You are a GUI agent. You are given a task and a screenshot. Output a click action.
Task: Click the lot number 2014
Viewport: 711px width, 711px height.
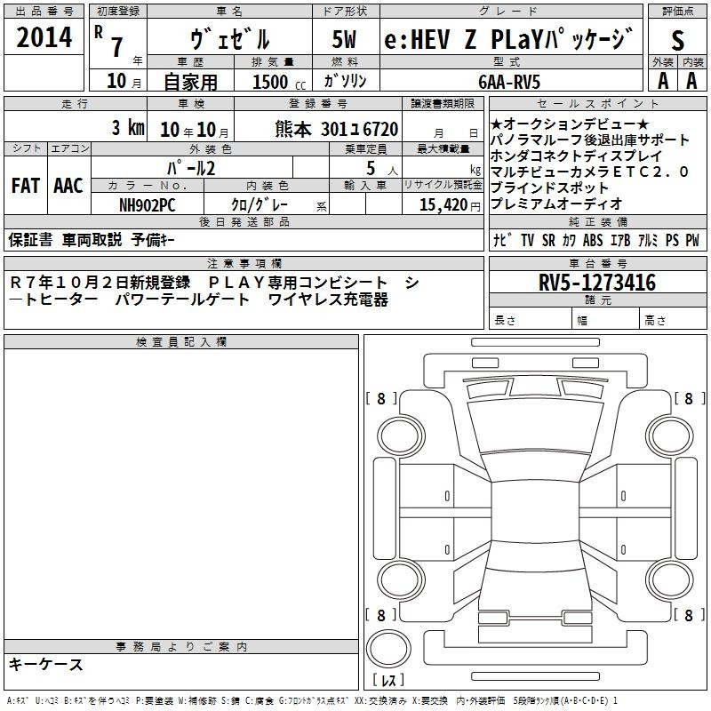[44, 38]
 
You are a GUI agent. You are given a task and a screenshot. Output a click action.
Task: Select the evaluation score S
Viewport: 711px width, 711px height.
[678, 41]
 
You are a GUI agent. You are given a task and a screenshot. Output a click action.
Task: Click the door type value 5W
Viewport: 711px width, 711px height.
[346, 39]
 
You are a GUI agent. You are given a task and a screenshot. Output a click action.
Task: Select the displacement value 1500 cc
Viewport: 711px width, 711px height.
[277, 82]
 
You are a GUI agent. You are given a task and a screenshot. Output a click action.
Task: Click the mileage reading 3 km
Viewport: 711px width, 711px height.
[128, 128]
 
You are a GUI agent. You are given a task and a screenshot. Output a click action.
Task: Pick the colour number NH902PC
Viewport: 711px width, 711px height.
[146, 204]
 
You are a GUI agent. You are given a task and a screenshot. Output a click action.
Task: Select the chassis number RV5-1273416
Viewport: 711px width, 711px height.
[597, 283]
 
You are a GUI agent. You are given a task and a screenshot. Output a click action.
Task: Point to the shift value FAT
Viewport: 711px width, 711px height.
[25, 186]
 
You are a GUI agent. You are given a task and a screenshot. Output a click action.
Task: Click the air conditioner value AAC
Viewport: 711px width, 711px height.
[68, 186]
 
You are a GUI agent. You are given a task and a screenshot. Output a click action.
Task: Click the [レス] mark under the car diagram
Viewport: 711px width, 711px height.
[387, 682]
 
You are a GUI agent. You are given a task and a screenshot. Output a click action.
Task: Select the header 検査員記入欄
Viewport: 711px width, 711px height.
[181, 342]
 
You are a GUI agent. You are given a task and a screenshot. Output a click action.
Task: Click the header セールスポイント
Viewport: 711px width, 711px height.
[597, 104]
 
